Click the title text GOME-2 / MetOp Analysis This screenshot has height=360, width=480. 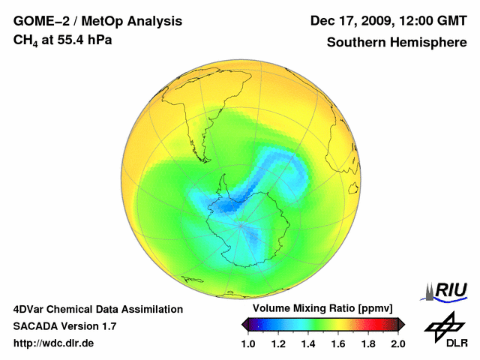pos(97,22)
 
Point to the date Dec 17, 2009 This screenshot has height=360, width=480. pos(353,22)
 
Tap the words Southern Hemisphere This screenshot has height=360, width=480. pos(396,43)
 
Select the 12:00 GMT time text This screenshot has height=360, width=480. pos(433,22)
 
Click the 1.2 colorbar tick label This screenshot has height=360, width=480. pos(278,344)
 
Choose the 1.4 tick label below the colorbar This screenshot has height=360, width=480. pos(308,344)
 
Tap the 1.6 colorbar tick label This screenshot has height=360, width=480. pos(338,344)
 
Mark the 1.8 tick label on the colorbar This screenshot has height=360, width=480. pos(368,344)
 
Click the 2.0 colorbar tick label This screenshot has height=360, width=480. pos(398,344)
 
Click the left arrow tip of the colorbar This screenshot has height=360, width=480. pos(244,324)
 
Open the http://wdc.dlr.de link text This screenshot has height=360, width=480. pos(55,344)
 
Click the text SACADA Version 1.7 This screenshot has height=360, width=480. pos(64,327)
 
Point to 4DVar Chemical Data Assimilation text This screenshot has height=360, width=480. pos(98,309)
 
